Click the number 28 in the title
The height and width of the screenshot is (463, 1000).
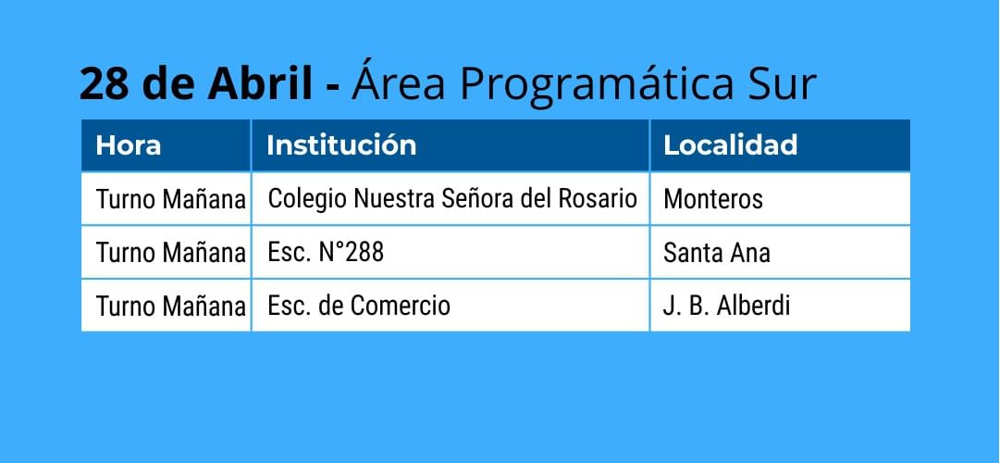point(104,83)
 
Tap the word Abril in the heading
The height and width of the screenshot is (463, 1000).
point(260,83)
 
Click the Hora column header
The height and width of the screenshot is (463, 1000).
point(129,145)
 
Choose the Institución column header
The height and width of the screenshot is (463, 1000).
point(341,145)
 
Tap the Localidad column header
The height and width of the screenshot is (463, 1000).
point(730,145)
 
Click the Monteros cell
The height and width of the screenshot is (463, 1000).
point(713,199)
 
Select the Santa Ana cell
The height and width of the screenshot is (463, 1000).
point(717,253)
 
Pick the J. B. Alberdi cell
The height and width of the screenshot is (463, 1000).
point(726,306)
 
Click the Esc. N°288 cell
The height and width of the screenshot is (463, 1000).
point(326,253)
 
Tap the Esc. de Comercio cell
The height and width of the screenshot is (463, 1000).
point(359,306)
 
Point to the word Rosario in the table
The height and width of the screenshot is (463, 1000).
point(598,198)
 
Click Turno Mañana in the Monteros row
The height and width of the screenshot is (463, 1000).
point(171,200)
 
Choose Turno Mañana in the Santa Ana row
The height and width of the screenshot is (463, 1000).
point(171,254)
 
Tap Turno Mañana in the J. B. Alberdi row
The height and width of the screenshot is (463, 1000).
point(171,307)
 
